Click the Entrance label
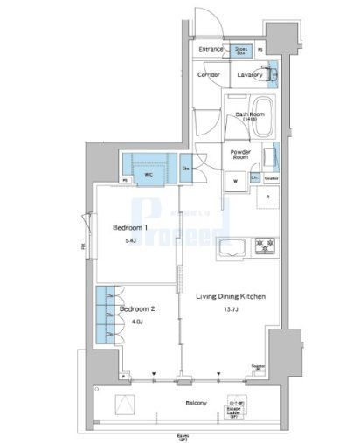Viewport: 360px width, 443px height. pos(211,50)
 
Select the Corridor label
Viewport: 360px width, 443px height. pos(208,76)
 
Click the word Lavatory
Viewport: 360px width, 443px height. pos(249,76)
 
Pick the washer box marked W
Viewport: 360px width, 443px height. pos(235,181)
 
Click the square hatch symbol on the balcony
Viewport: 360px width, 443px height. pos(128,403)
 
